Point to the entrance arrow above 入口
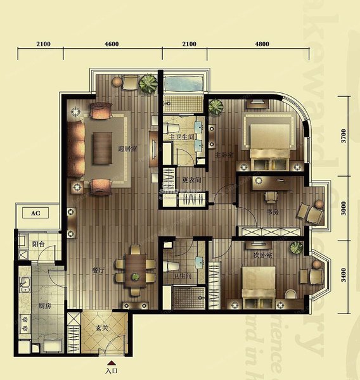[112, 362]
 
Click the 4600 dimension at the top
[112, 44]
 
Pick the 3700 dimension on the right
[344, 136]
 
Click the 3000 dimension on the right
[344, 209]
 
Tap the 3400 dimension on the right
[344, 276]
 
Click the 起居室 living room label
[128, 149]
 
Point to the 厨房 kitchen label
[44, 306]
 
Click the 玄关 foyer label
[103, 328]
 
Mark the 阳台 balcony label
[38, 244]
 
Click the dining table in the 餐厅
[134, 267]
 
